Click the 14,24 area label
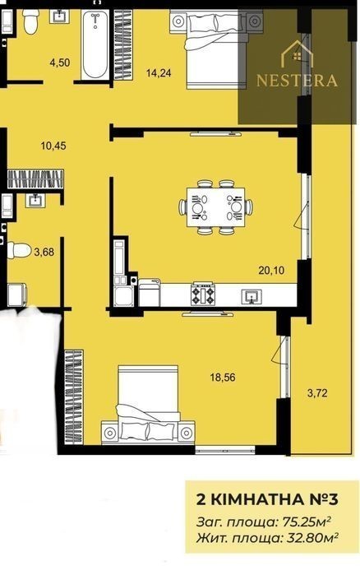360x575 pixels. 159,73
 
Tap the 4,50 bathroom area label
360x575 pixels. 60,63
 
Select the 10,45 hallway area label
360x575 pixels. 53,146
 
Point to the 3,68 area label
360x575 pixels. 44,252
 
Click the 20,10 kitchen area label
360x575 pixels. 271,271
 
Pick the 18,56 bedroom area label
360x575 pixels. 223,377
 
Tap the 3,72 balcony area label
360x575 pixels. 317,393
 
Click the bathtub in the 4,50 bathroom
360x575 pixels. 95,44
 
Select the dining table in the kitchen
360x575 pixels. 215,207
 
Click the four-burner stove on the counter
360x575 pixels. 203,294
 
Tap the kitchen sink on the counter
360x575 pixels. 252,295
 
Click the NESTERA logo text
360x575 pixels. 297,80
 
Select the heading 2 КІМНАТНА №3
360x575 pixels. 268,499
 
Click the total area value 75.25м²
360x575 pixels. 307,521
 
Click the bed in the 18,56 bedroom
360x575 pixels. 148,404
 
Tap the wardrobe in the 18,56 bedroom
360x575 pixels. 74,396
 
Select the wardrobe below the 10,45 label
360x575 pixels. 35,179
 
